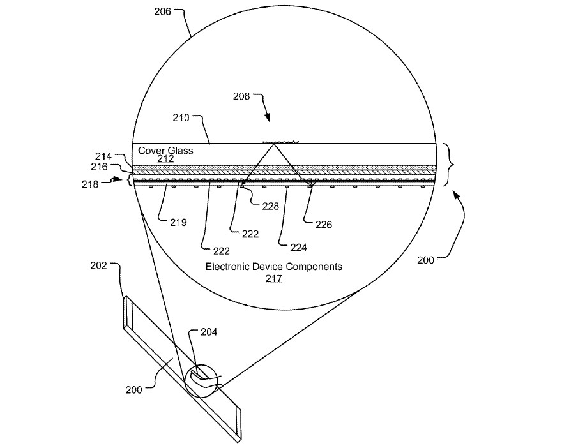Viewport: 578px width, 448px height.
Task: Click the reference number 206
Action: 163,11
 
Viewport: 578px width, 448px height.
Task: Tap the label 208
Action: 241,96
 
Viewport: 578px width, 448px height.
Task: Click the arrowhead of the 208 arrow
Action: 268,118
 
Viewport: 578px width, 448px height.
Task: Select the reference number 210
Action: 181,118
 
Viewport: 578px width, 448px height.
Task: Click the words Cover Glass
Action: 165,151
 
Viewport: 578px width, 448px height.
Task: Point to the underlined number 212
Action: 165,159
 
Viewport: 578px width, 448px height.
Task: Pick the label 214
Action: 103,156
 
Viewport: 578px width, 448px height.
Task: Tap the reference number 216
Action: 99,167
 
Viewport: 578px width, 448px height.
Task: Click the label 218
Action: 90,184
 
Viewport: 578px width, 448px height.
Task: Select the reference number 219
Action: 178,223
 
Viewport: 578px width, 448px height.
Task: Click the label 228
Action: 271,206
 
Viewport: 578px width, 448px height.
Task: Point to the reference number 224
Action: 299,248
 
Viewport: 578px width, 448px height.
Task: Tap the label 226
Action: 324,225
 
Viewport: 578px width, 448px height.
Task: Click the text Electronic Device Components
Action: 274,266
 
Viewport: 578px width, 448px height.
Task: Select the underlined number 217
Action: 274,279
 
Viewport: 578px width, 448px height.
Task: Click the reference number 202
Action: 99,265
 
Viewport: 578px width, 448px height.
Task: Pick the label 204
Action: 209,332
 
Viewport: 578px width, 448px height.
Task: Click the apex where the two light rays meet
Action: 274,144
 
